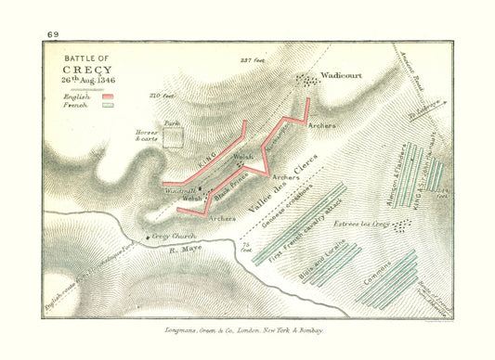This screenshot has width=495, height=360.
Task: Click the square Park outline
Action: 172,137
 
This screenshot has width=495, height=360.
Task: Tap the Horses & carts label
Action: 149,135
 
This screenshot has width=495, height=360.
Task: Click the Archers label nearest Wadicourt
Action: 321,123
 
